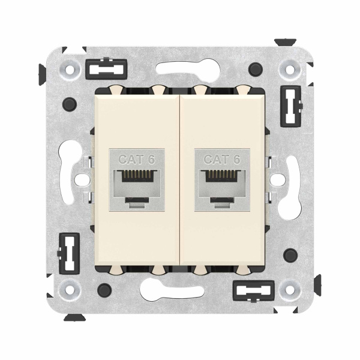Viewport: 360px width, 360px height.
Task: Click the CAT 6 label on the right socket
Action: point(223,160)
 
